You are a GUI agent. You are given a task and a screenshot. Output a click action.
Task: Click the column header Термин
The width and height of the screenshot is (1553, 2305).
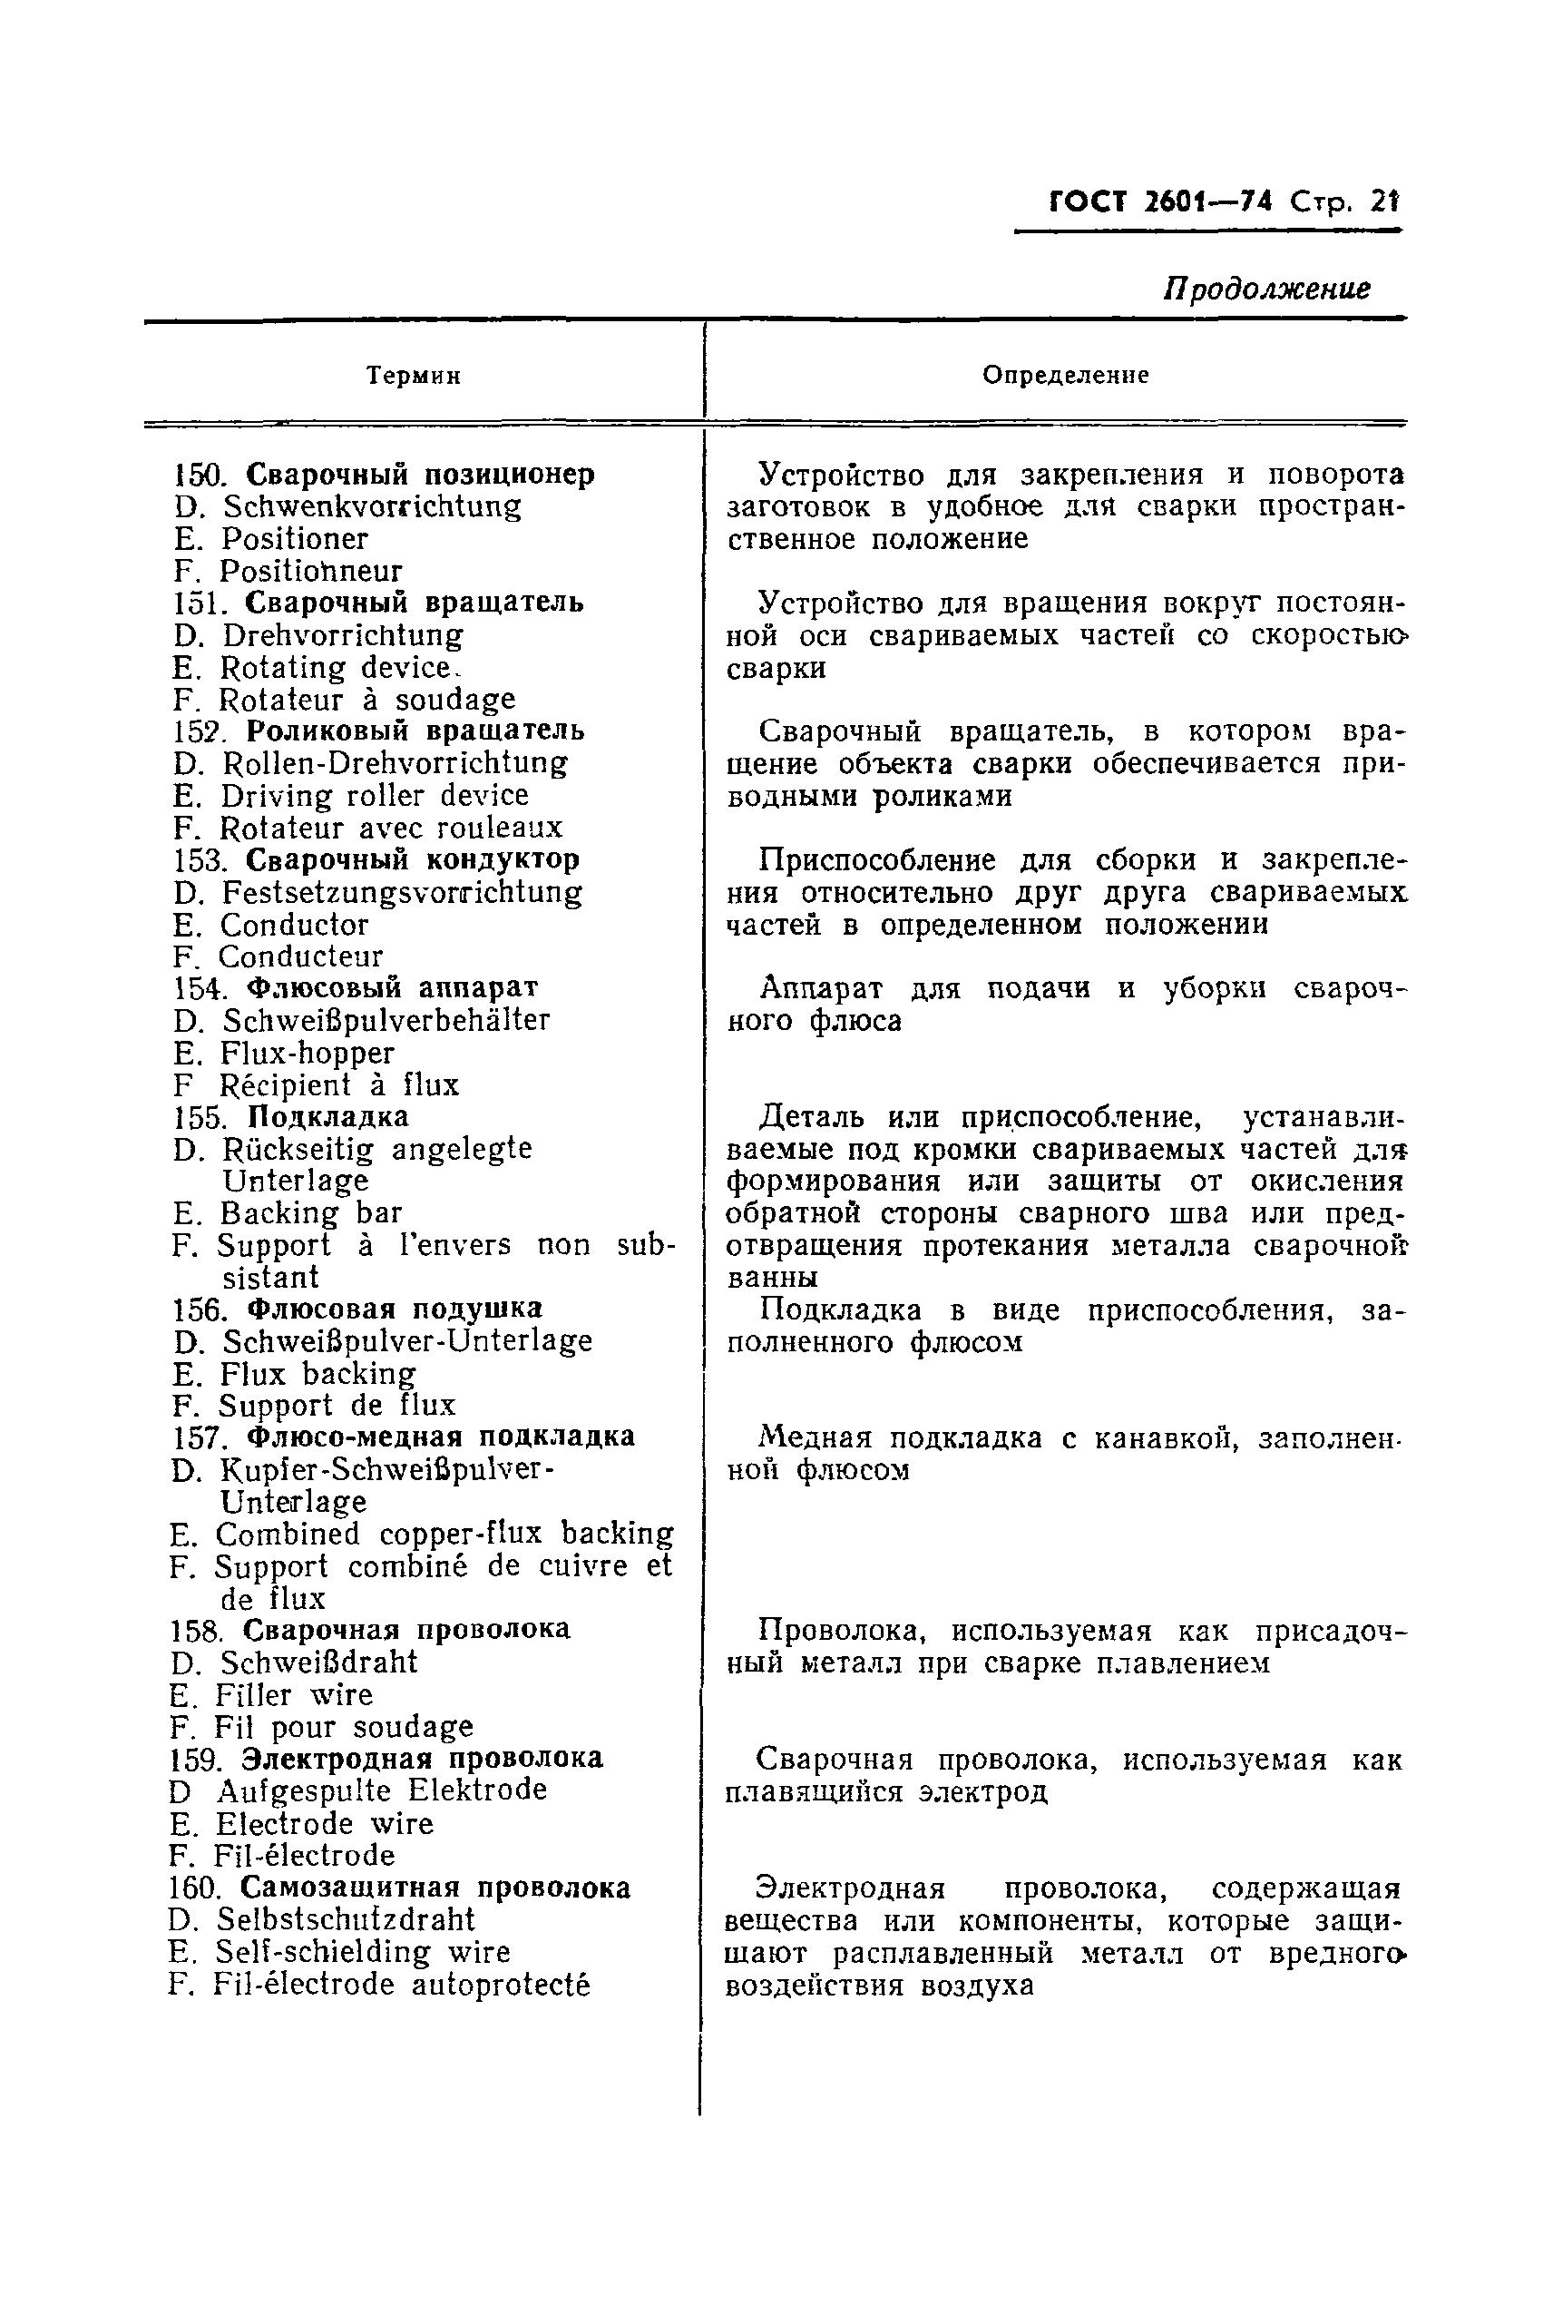pos(413,377)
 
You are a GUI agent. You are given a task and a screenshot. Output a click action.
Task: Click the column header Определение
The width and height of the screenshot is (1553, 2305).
pos(1065,376)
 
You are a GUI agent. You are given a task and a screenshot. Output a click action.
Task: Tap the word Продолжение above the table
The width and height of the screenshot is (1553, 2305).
pos(1266,289)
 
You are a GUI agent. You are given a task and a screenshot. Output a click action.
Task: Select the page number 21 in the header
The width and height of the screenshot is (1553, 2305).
pos(1383,202)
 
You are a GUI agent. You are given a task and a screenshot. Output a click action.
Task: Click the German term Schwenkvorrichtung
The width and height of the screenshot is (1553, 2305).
pos(371,506)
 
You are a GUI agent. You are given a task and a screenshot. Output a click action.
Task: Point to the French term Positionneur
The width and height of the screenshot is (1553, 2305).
pos(310,572)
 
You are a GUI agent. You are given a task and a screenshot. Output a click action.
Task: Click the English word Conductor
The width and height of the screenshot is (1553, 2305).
pos(293,925)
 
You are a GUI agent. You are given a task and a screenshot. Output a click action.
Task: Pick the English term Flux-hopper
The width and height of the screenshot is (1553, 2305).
pos(306,1053)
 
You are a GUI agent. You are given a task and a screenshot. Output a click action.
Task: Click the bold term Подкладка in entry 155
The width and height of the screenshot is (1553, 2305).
pos(327,1116)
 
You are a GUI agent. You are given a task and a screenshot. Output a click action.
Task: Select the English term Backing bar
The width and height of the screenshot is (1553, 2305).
pos(310,1213)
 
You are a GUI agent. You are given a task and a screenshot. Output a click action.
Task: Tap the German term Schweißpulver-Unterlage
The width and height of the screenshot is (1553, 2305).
pos(406,1341)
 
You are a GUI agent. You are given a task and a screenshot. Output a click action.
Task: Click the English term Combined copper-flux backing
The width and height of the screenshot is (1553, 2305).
pos(444,1534)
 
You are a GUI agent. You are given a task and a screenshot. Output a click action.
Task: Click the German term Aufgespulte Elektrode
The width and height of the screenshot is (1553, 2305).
pos(381,1790)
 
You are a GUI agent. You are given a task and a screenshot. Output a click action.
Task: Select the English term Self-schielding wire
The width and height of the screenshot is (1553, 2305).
pos(363,1951)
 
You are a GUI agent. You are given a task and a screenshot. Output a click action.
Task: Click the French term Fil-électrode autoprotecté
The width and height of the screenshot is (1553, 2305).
pos(402,1984)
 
